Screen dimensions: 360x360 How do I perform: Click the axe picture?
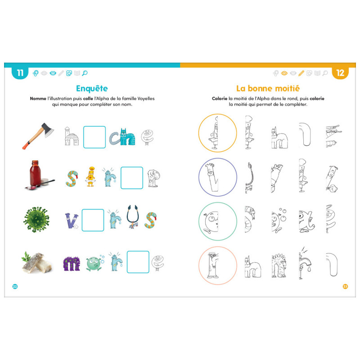[38, 136]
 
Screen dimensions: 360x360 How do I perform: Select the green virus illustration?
[36, 220]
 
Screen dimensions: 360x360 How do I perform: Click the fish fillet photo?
[37, 262]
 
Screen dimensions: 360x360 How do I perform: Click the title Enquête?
[92, 88]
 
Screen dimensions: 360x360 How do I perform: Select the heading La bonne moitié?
[268, 88]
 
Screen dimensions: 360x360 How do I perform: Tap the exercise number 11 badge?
[20, 73]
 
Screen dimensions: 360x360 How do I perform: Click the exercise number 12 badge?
[340, 73]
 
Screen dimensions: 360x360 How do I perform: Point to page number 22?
[15, 286]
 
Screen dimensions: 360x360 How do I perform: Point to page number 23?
[345, 286]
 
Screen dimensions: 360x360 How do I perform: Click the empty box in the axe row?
[94, 137]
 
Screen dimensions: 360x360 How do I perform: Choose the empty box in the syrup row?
[132, 178]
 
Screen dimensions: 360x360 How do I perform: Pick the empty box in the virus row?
[93, 220]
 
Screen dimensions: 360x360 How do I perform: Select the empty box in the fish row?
[138, 262]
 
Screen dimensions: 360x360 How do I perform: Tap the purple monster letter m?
[72, 264]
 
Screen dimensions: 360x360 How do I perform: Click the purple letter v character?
[72, 221]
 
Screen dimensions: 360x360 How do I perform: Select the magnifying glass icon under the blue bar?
[85, 73]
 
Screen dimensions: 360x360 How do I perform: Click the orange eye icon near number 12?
[284, 73]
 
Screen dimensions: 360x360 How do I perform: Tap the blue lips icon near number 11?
[53, 73]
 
